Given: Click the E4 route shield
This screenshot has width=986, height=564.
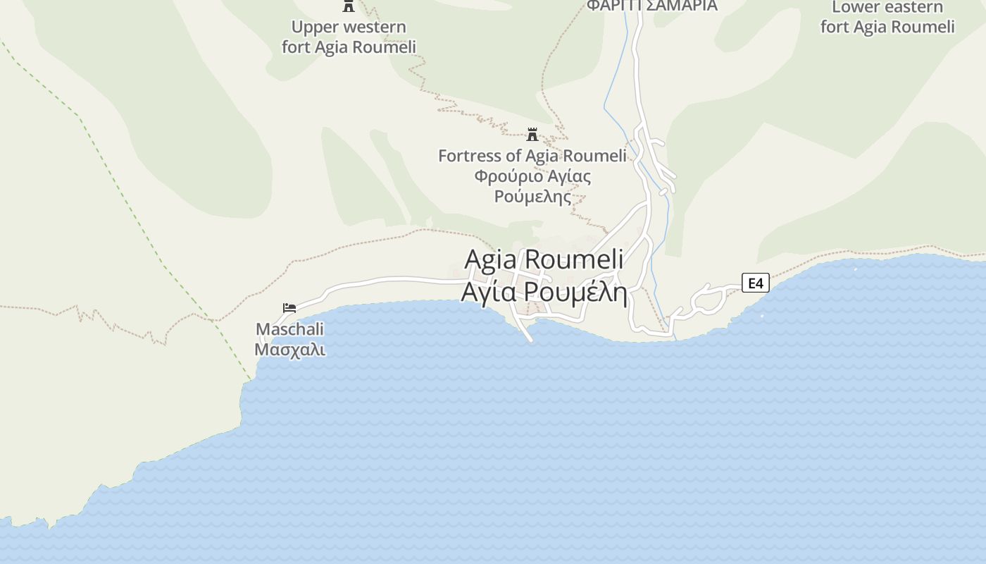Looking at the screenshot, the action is point(755,283).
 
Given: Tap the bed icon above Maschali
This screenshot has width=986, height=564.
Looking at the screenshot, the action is point(289,308).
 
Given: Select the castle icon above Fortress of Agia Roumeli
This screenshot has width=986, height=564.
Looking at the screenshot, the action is point(532,134).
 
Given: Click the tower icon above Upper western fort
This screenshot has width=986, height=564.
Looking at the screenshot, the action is point(348,6).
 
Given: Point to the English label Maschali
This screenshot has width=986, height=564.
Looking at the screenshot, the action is point(289,329).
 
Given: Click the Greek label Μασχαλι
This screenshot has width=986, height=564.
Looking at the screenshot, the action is point(289,349).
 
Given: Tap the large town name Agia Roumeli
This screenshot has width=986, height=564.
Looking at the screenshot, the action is point(544,259).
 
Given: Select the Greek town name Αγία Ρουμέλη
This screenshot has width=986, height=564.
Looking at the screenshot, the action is point(544,290).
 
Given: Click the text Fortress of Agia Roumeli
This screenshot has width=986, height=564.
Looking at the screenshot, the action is point(532,156).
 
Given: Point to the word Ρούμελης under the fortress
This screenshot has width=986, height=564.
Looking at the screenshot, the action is point(532,196).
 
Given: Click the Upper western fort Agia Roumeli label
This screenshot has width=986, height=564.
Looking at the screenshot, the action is point(349,37).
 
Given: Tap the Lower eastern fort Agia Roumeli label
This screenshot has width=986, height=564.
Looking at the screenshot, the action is point(887,17).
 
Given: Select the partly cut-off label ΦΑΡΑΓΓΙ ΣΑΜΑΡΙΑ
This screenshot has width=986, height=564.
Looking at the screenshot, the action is point(652,6).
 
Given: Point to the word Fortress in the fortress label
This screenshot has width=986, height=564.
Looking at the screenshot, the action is point(469,156).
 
